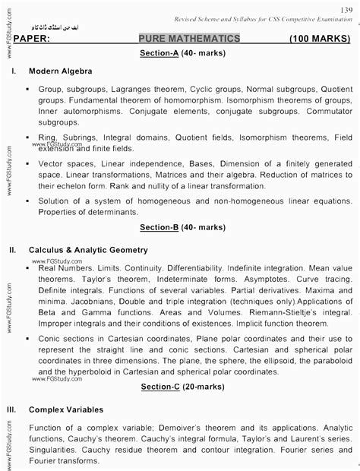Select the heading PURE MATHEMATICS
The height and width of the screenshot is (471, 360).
(x=190, y=38)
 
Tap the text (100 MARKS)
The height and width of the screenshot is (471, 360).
(x=320, y=38)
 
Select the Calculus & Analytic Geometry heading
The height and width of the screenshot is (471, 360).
(x=88, y=249)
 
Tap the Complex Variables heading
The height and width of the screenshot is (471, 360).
(x=67, y=409)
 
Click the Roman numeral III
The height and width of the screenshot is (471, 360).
(x=12, y=409)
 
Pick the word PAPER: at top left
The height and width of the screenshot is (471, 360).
(x=33, y=38)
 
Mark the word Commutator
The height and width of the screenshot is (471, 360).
(x=326, y=109)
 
